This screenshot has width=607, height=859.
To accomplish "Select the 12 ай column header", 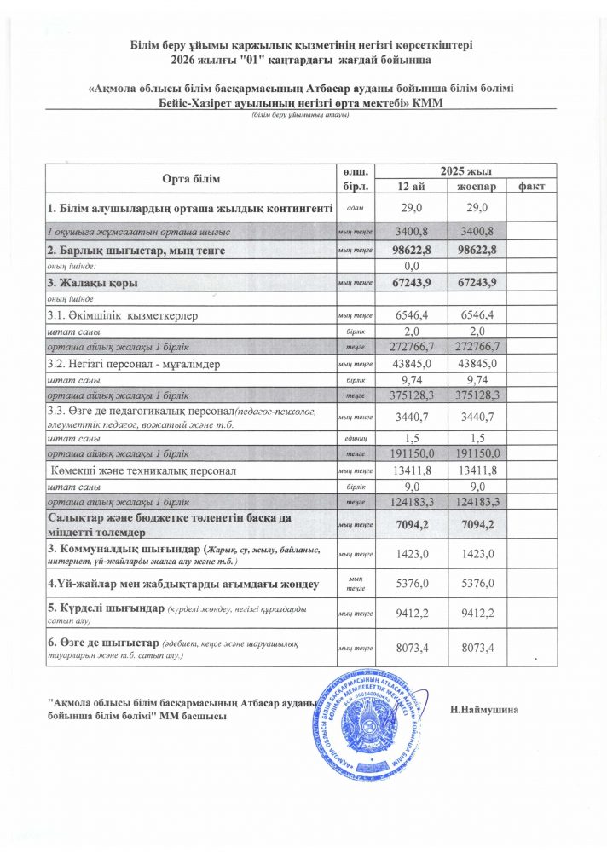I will click(x=407, y=186).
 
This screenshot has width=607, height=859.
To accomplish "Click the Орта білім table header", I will click(x=191, y=178).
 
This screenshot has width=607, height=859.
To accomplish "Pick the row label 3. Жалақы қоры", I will click(x=94, y=282).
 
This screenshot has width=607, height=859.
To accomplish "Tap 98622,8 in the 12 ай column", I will click(x=407, y=250).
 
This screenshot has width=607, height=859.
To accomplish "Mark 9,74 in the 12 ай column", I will click(x=407, y=380).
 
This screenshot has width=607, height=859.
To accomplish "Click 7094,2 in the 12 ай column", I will click(x=407, y=525).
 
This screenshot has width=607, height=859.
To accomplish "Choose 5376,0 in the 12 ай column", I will click(x=407, y=584).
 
